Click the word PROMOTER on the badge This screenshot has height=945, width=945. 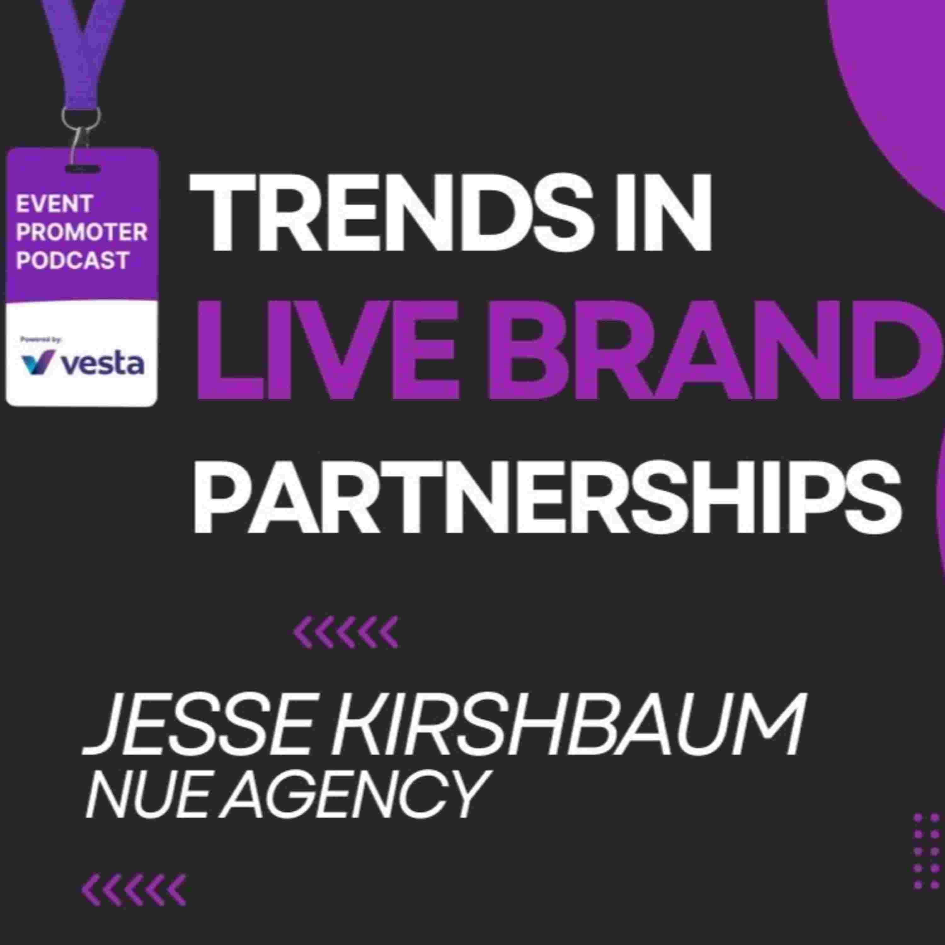pos(82,232)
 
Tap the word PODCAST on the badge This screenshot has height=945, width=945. pos(72,260)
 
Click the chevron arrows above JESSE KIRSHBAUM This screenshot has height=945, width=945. pos(345,632)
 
